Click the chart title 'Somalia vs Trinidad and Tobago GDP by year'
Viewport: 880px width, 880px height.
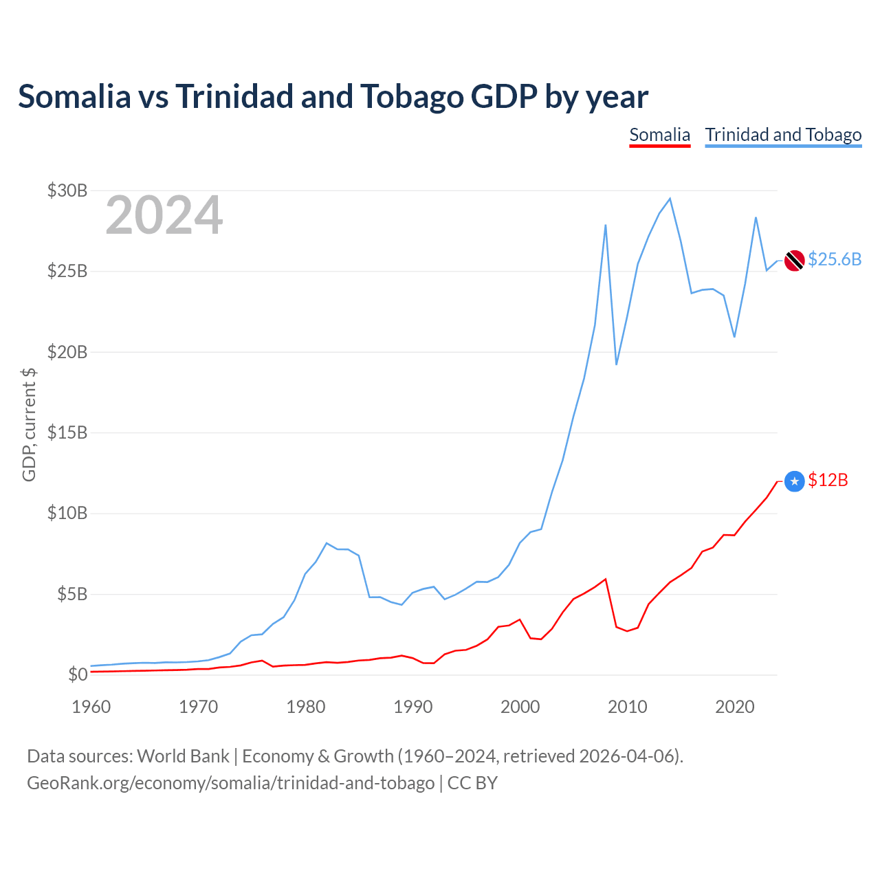pyautogui.click(x=333, y=97)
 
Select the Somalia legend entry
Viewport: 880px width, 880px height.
pyautogui.click(x=659, y=135)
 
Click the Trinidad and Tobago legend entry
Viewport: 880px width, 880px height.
pyautogui.click(x=783, y=135)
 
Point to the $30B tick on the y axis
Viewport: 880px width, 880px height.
pyautogui.click(x=67, y=190)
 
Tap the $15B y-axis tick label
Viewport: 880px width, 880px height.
pyautogui.click(x=67, y=432)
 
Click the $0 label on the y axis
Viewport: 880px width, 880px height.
pyautogui.click(x=78, y=674)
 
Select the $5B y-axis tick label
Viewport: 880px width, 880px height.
pyautogui.click(x=72, y=594)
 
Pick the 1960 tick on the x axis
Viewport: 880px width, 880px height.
pyautogui.click(x=91, y=707)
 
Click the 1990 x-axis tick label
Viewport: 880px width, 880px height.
pyautogui.click(x=412, y=707)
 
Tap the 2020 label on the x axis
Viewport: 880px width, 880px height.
pyautogui.click(x=734, y=707)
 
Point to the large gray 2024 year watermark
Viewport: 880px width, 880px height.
pyautogui.click(x=164, y=214)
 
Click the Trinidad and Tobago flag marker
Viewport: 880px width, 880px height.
pyautogui.click(x=794, y=261)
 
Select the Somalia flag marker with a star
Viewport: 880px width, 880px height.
pyautogui.click(x=794, y=481)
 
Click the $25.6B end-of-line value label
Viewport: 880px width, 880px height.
pyautogui.click(x=835, y=259)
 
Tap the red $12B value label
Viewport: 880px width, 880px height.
pyautogui.click(x=828, y=480)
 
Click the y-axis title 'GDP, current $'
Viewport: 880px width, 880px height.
pyautogui.click(x=29, y=425)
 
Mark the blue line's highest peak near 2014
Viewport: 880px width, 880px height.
pyautogui.click(x=670, y=199)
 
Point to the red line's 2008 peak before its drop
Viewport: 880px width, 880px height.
pyautogui.click(x=605, y=579)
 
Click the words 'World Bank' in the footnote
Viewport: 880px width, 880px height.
pyautogui.click(x=183, y=756)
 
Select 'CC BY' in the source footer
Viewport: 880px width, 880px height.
pyautogui.click(x=472, y=783)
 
